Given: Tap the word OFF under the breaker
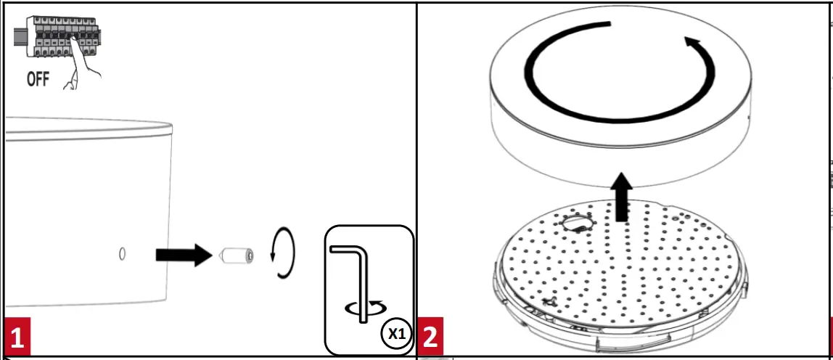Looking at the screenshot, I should click(38, 78).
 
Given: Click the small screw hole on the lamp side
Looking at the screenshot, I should click(122, 254).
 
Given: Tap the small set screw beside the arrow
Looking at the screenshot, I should click(236, 255).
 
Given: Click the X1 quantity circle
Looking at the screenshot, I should click(395, 333).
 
